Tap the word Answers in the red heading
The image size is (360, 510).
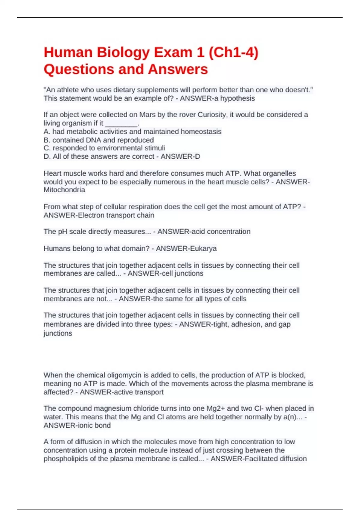click(178, 69)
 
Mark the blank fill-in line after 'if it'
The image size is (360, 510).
click(121, 123)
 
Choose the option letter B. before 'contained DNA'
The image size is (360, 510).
click(47, 140)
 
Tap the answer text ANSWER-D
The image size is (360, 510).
click(180, 157)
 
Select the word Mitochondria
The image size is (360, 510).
click(64, 190)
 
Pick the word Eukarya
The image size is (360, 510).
click(203, 249)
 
